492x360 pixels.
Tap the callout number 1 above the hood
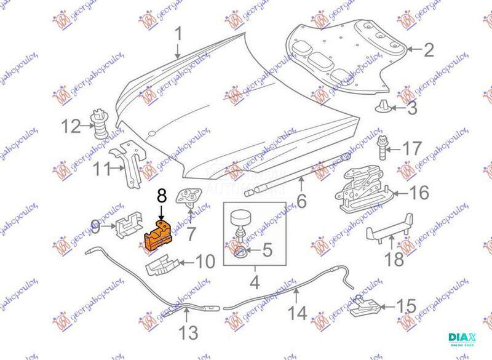178,36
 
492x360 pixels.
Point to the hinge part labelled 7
189,199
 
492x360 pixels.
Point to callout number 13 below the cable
189,334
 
